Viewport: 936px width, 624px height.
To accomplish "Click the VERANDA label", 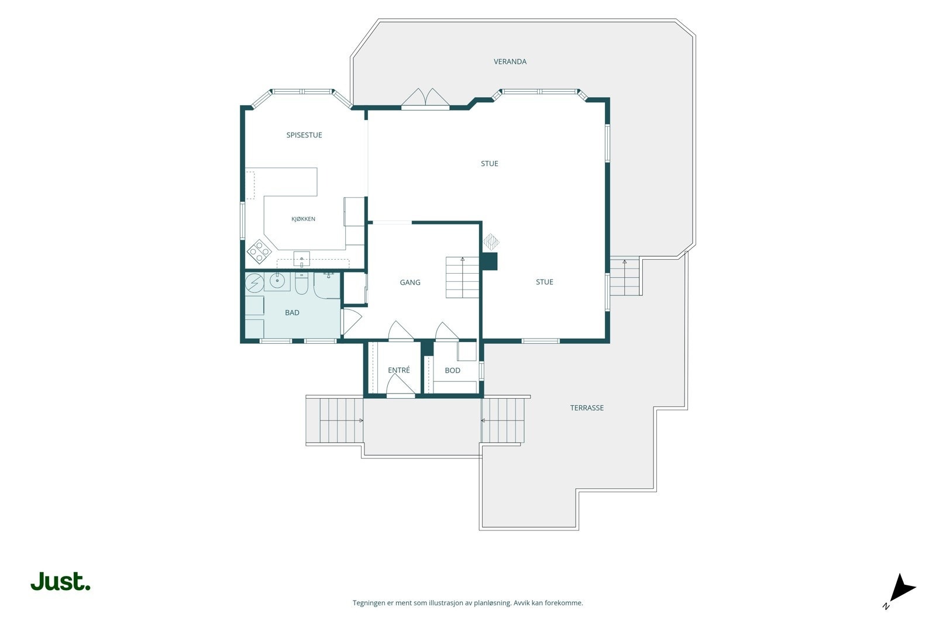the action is [x=510, y=62].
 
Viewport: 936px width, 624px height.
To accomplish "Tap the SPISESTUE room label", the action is [x=304, y=135].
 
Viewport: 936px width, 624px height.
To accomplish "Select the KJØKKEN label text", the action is [x=303, y=219].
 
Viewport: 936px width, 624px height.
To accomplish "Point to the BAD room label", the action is [x=292, y=312].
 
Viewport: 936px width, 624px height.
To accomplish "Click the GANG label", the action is [x=410, y=282].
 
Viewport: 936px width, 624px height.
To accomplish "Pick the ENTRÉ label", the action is [x=398, y=370].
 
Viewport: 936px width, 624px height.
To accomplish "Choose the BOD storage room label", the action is [x=453, y=370].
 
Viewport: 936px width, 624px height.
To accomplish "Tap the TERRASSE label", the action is [x=587, y=408].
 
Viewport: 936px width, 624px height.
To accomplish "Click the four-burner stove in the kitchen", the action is [x=259, y=251].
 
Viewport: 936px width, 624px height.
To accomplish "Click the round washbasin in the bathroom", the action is [x=277, y=281].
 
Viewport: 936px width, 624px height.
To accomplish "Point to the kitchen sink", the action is [x=301, y=259].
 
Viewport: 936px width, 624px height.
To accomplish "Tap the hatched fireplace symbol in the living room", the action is [x=491, y=242].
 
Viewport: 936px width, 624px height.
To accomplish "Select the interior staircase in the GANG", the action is [x=462, y=277].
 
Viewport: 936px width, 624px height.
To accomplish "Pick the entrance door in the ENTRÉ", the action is [x=400, y=385].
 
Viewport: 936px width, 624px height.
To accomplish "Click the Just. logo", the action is [x=60, y=581].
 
